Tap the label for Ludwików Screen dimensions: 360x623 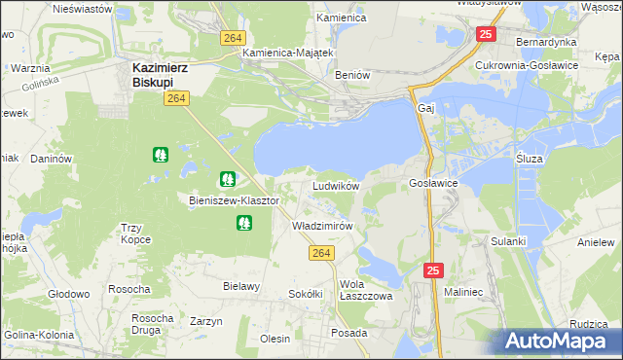pyautogui.click(x=337, y=185)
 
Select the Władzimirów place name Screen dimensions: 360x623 pyautogui.click(x=322, y=225)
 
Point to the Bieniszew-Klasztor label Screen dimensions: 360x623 pyautogui.click(x=234, y=200)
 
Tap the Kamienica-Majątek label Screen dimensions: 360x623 pyautogui.click(x=289, y=53)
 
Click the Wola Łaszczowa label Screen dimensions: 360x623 pyautogui.click(x=363, y=290)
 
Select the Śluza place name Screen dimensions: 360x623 pyautogui.click(x=529, y=158)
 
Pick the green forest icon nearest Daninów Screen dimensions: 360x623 pyautogui.click(x=160, y=154)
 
